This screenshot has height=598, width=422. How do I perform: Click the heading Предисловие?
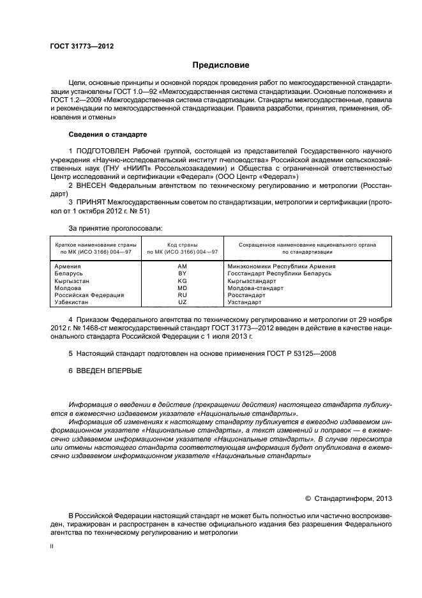tap(222, 65)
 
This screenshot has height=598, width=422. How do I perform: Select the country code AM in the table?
tap(182, 266)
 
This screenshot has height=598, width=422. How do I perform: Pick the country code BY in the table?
tap(182, 273)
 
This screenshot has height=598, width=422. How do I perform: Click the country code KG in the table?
tap(182, 280)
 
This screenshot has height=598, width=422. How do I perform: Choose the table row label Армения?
tap(68, 266)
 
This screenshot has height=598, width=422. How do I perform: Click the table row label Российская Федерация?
tap(85, 295)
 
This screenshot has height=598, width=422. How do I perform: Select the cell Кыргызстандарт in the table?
tap(252, 280)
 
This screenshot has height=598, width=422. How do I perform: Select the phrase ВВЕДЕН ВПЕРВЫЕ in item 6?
tap(109, 371)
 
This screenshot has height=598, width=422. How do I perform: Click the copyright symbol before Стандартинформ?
tap(308, 499)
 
